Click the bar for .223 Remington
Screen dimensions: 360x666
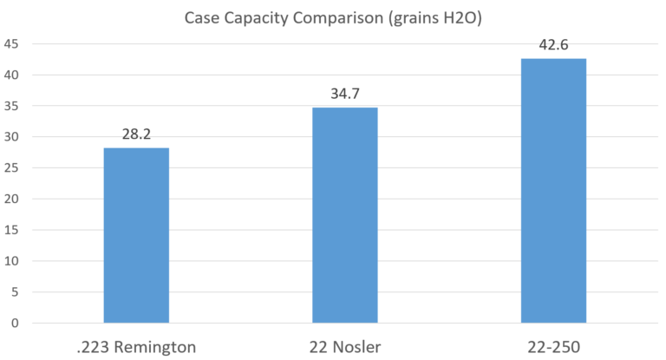pos(136,235)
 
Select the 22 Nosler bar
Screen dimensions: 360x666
pos(344,215)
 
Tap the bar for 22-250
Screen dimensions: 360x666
pos(553,191)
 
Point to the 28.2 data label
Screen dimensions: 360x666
pos(136,135)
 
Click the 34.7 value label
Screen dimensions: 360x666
pos(344,95)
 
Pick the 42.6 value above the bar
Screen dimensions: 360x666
pos(553,46)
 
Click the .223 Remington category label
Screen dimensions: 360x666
pos(136,346)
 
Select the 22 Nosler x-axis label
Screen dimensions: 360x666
pos(344,346)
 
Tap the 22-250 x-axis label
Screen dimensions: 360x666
pos(553,346)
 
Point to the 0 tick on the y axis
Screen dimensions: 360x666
pos(13,324)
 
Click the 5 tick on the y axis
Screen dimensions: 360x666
pos(13,292)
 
